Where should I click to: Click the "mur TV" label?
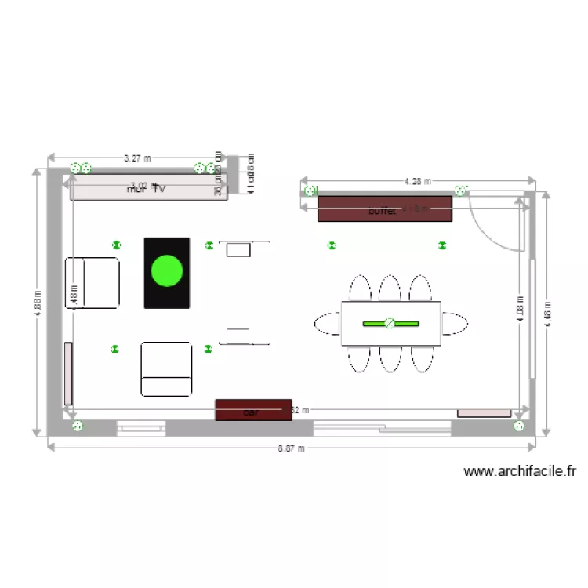point(147,189)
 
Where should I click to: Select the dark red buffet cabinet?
point(384,209)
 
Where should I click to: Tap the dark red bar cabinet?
point(253,410)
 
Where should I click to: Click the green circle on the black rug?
point(166,270)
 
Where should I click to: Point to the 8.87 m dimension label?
point(292,448)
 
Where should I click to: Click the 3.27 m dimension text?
point(137,158)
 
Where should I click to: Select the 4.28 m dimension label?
point(417,181)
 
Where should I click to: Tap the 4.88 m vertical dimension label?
point(36,303)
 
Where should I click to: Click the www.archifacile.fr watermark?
point(520,471)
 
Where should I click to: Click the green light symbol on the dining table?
point(390,323)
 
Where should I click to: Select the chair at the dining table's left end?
point(328,323)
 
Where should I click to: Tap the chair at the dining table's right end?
point(454,323)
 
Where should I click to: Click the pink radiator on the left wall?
point(68,373)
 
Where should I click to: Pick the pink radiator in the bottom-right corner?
point(484,412)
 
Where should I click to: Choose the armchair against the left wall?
point(93,282)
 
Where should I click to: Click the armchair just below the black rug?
point(166,368)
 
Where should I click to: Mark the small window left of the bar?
point(141,428)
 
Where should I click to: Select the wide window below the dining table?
point(382,428)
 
